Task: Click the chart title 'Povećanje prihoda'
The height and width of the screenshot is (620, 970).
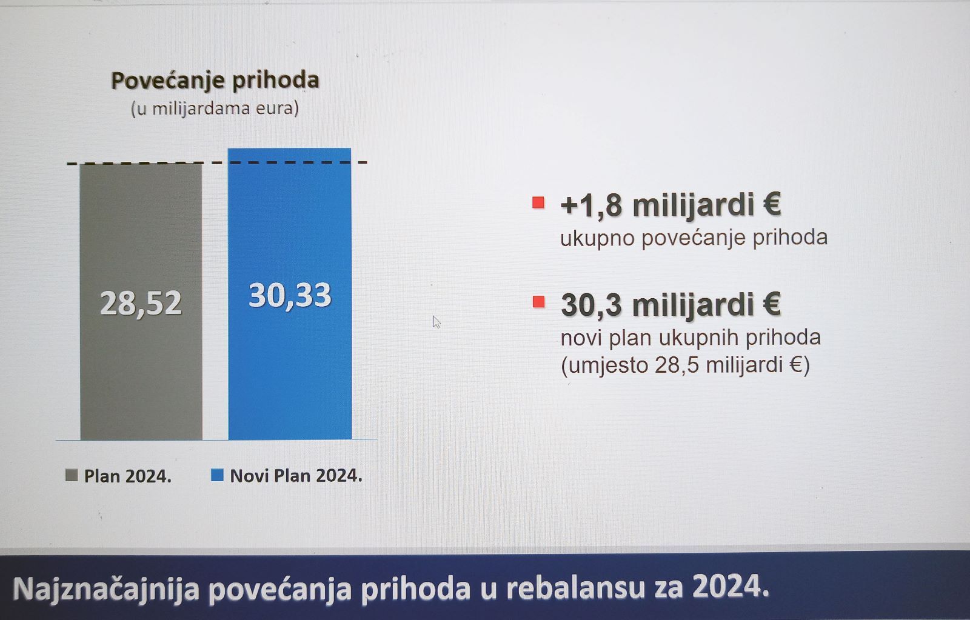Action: coord(215,81)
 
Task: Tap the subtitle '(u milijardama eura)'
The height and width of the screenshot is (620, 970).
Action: coord(215,108)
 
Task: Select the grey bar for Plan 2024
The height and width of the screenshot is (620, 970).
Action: coord(141,302)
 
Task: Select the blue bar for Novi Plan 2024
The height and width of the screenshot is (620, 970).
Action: coord(290,294)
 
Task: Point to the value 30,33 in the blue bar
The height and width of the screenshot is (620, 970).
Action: coord(290,296)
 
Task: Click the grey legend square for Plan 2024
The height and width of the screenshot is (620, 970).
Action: coord(72,475)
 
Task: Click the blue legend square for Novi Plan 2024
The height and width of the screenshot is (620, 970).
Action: coord(217,475)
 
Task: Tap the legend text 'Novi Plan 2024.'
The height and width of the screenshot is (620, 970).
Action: coord(296,476)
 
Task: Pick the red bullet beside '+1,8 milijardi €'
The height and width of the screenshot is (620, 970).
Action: coord(538,202)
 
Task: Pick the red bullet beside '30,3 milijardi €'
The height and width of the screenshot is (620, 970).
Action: coord(539,302)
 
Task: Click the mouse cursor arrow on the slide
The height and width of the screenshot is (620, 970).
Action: coord(436,322)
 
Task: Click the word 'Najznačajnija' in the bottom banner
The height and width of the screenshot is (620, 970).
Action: coord(107,589)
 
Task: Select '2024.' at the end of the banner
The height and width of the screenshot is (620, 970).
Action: coord(731,587)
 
